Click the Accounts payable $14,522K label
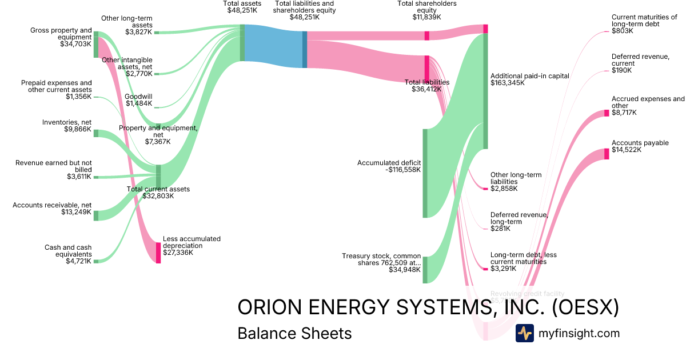click(640, 146)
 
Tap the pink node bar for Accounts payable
click(607, 154)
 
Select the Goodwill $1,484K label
click(138, 100)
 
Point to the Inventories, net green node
click(96, 133)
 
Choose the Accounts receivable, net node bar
click(96, 215)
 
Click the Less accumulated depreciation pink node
click(158, 253)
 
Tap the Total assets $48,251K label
click(242, 7)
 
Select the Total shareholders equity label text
click(426, 10)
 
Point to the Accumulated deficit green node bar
click(425, 173)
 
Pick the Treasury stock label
click(381, 263)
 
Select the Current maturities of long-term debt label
click(644, 24)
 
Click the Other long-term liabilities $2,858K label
click(516, 182)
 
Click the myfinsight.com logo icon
click(524, 333)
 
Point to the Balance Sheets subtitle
click(294, 333)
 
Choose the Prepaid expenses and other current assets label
click(56, 90)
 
